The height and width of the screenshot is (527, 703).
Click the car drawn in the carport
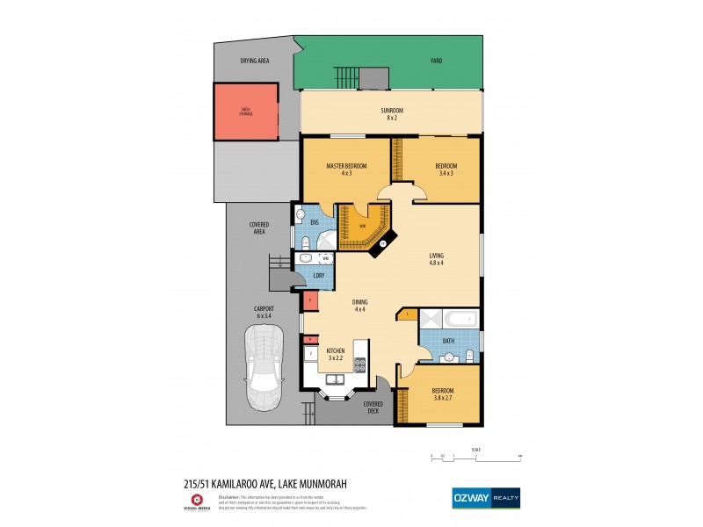pos(265,367)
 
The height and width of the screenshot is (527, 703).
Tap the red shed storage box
pos(246,112)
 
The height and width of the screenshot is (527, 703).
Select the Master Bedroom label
pos(345,170)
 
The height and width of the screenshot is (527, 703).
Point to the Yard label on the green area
pos(436,61)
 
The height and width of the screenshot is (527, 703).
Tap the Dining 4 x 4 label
pos(359,306)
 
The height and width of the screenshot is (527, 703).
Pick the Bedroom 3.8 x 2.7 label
pos(442,393)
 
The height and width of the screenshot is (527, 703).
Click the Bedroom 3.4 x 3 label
pos(446,170)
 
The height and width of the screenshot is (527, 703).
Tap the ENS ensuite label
pos(314,222)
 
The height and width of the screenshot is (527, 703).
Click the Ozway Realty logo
pos(485,498)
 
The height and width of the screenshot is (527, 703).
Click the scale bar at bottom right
pos(475,457)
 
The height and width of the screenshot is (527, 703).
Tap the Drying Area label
pos(255,61)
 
